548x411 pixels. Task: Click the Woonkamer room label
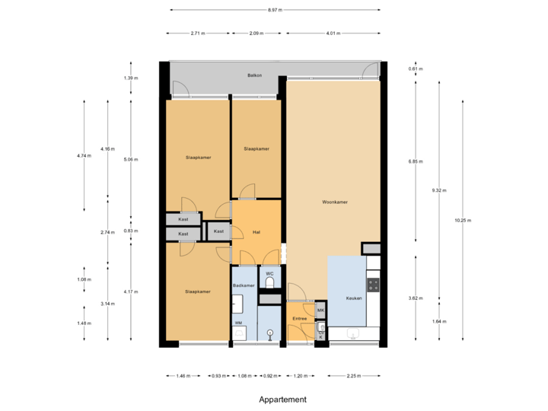click(x=335, y=202)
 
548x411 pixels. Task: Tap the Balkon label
click(x=255, y=75)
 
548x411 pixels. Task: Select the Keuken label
click(x=353, y=298)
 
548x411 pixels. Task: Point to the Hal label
click(x=257, y=231)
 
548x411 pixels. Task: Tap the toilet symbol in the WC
click(x=269, y=283)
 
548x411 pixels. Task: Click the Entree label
click(x=299, y=318)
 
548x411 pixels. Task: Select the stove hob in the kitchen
click(x=373, y=285)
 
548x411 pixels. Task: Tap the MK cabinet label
click(x=320, y=311)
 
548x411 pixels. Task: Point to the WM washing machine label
click(x=238, y=323)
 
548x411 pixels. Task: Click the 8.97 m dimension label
click(x=275, y=10)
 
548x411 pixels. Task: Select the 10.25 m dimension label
click(x=463, y=220)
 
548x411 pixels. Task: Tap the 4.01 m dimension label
click(x=332, y=33)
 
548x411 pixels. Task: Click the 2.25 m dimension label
click(x=354, y=376)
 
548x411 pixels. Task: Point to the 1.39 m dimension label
click(x=131, y=78)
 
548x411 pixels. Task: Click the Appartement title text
click(x=282, y=399)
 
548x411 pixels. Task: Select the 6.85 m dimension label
click(x=416, y=161)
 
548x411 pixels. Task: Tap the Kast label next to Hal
click(x=218, y=231)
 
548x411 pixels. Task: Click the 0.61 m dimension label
click(x=416, y=69)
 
